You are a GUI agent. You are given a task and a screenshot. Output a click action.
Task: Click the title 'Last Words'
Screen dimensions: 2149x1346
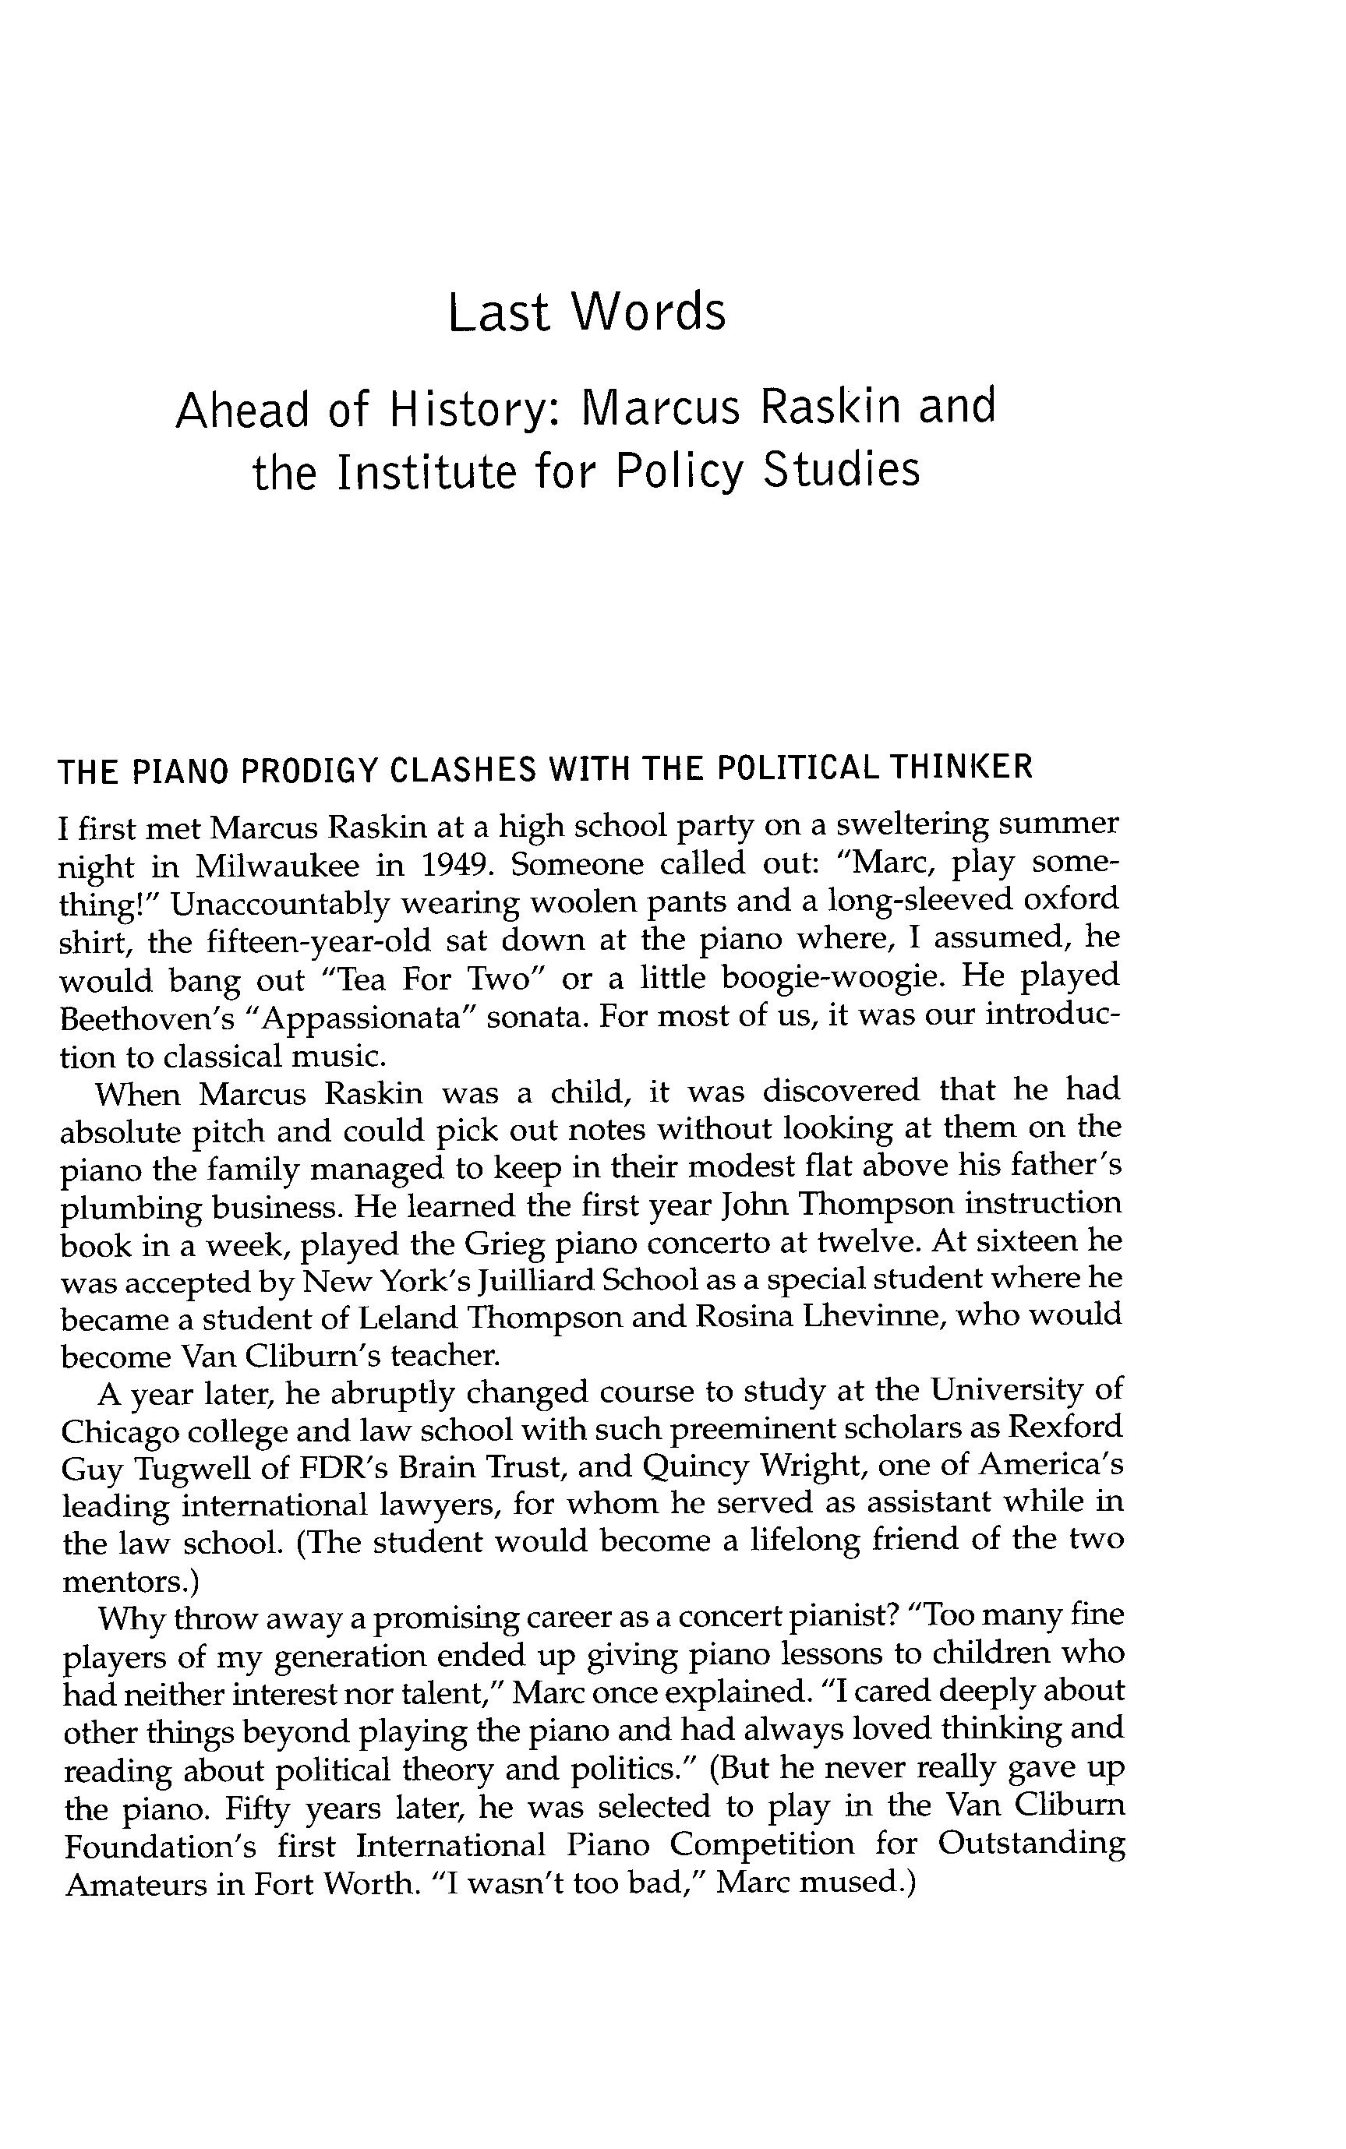pos(587,312)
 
